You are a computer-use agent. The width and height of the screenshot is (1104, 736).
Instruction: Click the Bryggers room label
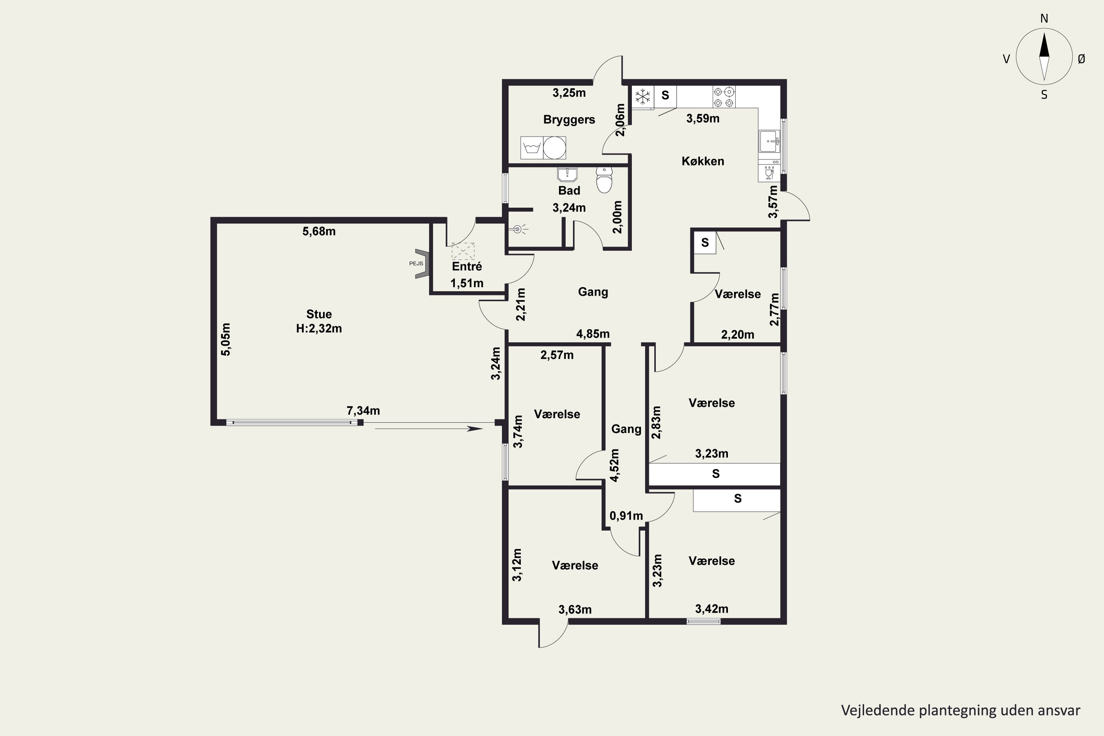pos(569,120)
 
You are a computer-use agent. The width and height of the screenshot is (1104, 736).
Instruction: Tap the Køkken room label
pos(703,161)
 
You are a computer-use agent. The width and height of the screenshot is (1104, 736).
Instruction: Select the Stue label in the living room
pos(319,314)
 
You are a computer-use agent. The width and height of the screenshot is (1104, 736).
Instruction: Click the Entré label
pos(467,266)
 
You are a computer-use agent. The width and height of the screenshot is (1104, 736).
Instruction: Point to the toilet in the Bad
pos(604,180)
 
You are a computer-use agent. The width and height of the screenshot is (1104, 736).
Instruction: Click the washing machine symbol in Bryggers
pos(532,148)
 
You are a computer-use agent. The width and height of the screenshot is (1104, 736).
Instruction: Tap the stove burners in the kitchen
pos(724,97)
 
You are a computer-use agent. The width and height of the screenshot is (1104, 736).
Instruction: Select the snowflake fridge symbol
pos(643,97)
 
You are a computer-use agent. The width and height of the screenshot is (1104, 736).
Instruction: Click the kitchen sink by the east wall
pos(769,141)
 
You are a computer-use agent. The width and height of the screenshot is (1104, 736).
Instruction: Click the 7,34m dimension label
pos(363,411)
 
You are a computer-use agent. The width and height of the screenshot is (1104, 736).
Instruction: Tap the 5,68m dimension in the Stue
pos(319,231)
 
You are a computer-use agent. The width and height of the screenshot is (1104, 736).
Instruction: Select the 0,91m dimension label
pos(626,516)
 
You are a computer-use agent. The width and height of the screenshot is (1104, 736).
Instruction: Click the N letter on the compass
pos(1044,18)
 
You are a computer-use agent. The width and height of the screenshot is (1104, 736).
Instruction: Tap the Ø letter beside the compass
pos(1082,59)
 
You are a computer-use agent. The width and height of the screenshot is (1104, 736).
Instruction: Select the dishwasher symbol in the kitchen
pos(769,171)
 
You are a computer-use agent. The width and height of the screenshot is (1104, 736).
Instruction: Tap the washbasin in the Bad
pos(567,174)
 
